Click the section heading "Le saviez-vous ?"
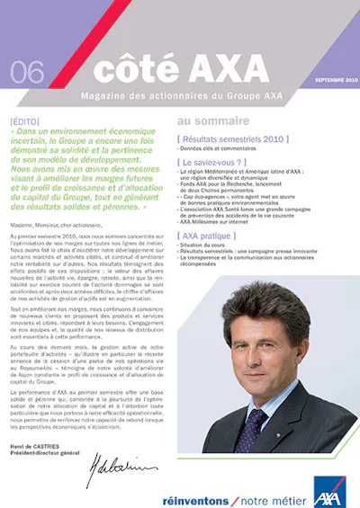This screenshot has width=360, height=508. coord(217,162)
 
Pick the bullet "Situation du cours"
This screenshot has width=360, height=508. coord(203,244)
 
